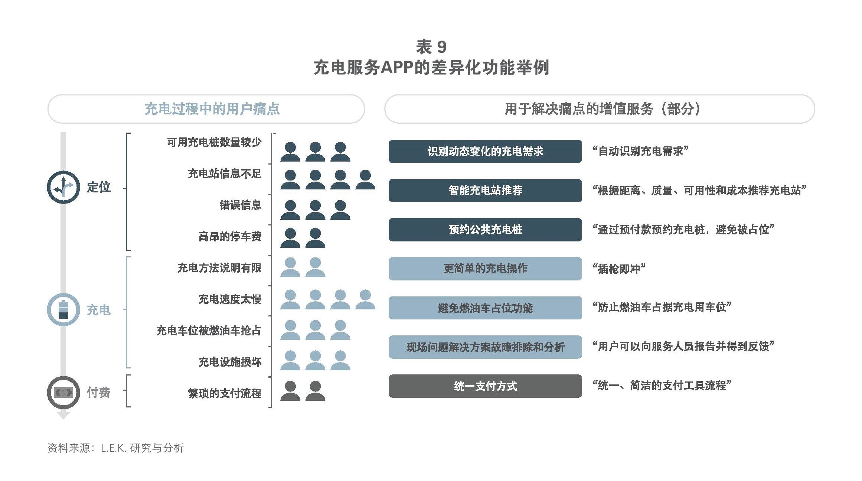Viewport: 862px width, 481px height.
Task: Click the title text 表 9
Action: (431, 47)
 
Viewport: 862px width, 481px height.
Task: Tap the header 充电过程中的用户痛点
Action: (212, 109)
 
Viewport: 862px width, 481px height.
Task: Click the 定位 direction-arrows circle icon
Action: (63, 187)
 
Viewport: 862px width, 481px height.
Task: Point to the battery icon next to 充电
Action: (63, 309)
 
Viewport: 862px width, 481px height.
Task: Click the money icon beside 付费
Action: (63, 392)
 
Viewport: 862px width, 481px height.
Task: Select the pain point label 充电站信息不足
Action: (225, 173)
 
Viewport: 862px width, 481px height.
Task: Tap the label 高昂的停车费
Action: (230, 236)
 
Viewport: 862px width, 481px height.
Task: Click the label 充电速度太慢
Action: (230, 299)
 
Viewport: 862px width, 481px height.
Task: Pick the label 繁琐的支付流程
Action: (225, 393)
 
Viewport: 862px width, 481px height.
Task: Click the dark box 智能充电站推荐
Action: (485, 191)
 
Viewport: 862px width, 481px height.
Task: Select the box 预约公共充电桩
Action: (485, 230)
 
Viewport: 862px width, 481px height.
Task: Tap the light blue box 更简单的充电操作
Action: (485, 269)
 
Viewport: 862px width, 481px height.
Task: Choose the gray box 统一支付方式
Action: (485, 386)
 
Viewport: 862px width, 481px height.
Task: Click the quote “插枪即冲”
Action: (619, 269)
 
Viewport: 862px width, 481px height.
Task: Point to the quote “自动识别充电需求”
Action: (641, 151)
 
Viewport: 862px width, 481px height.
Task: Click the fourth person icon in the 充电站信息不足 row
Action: (365, 180)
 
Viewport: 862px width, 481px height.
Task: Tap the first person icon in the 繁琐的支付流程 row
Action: (290, 391)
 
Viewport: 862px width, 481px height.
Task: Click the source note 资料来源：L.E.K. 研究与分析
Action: (116, 448)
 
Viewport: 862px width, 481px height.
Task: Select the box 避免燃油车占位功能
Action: (485, 308)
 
